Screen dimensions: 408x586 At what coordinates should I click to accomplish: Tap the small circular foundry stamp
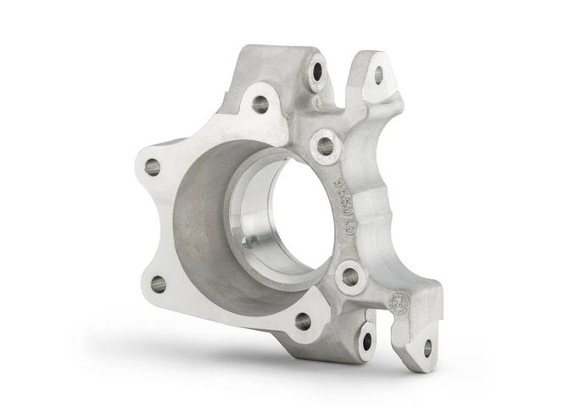[398, 303]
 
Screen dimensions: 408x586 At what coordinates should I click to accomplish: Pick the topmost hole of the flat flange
[260, 104]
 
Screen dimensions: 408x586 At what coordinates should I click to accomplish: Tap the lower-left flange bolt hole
[159, 284]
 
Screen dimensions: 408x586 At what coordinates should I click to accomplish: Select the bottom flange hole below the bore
[303, 321]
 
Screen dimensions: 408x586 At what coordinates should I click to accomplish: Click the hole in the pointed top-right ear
[378, 75]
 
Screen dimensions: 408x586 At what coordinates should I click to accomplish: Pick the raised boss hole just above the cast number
[326, 145]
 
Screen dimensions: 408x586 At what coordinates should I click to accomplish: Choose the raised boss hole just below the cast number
[350, 277]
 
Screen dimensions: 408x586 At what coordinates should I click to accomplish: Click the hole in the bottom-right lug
[427, 347]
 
